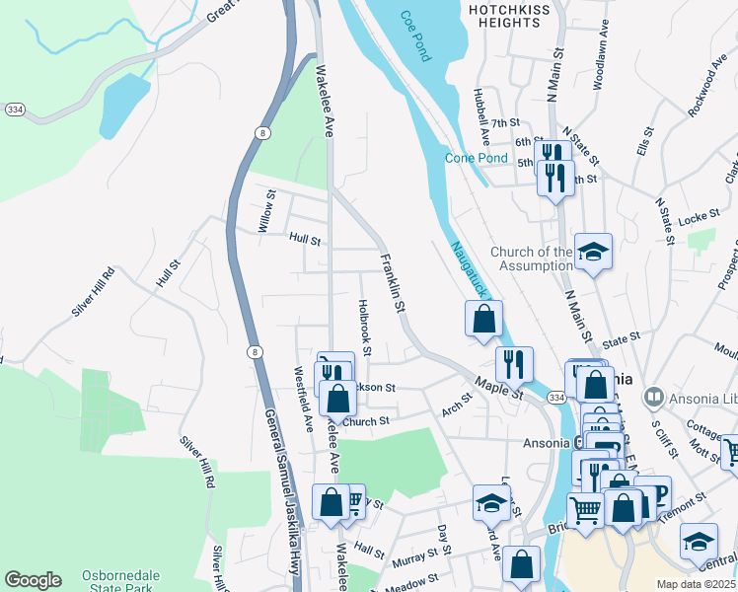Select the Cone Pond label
[476, 158]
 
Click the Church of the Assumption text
[531, 259]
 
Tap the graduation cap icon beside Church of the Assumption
[593, 254]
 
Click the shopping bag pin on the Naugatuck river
[483, 320]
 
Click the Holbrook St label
[364, 328]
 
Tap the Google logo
[33, 580]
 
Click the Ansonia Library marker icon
[651, 398]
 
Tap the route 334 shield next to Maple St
[557, 397]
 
